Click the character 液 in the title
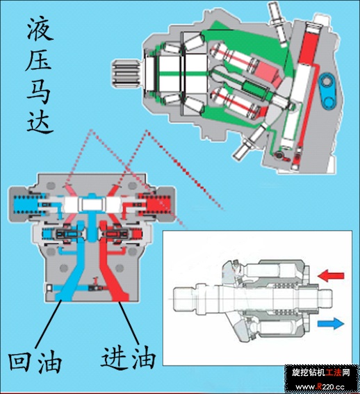pos(40,29)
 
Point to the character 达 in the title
pos(40,121)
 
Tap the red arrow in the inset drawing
pos(331,276)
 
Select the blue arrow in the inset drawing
pos(331,323)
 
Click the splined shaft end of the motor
pos(126,74)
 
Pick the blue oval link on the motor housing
pos(327,91)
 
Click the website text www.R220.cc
pos(320,386)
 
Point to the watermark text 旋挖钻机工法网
pos(321,372)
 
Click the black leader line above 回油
pos(48,325)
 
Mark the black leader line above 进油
pos(129,323)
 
